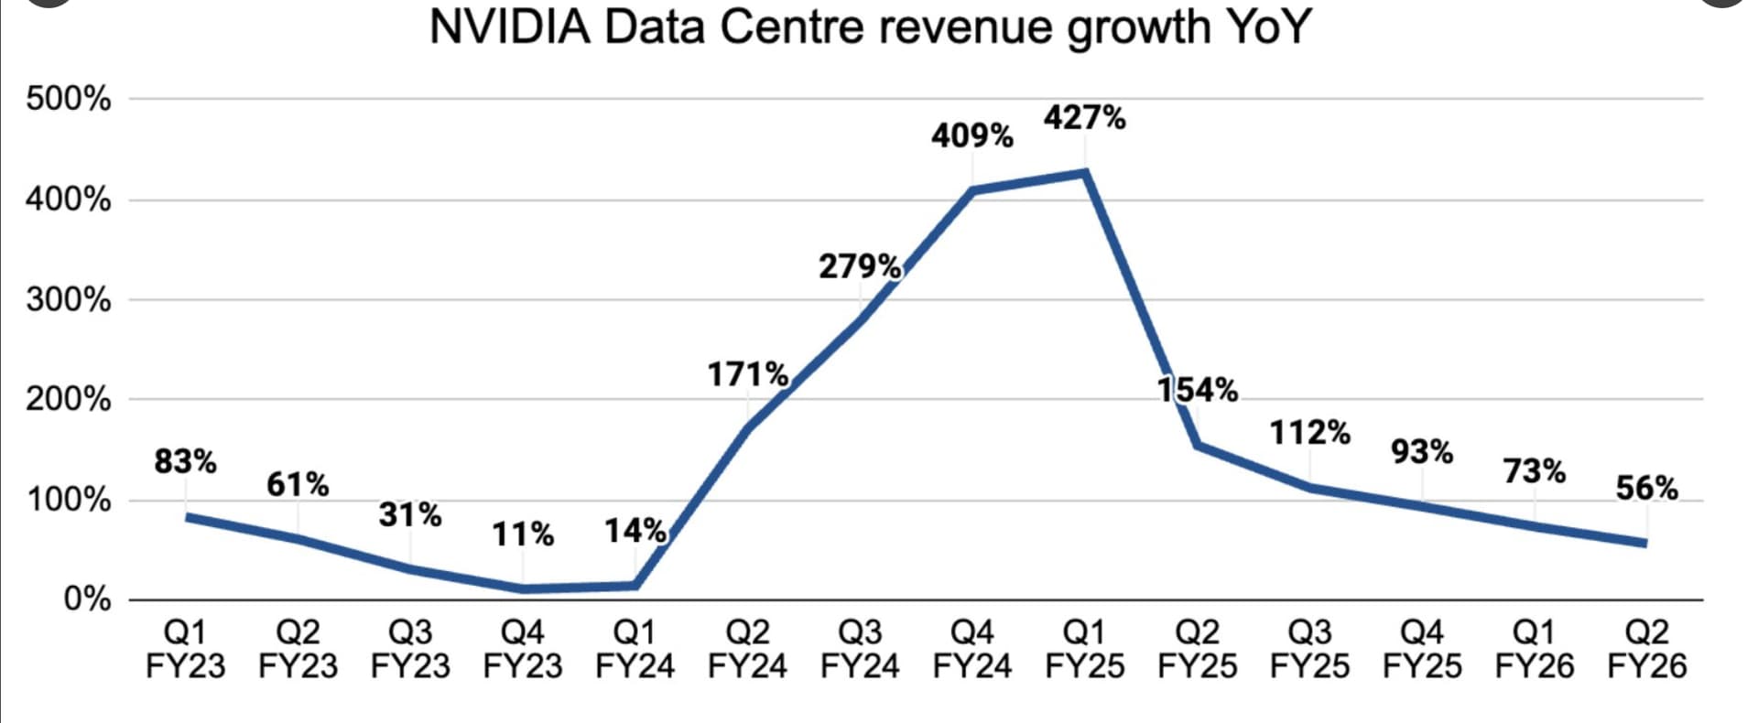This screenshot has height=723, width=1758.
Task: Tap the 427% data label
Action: [x=1085, y=118]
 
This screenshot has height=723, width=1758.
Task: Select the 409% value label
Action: [x=972, y=136]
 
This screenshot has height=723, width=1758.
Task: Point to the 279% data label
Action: [x=860, y=266]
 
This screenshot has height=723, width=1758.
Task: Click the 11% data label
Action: [x=523, y=534]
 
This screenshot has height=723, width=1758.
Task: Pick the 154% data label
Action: [x=1198, y=390]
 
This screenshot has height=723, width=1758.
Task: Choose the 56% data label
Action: [x=1646, y=489]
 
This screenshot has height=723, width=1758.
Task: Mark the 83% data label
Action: [x=185, y=461]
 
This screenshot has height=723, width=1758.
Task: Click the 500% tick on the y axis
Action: [x=69, y=99]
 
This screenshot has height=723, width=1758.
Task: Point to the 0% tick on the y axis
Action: [x=87, y=599]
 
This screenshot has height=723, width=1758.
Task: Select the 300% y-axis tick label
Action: [x=69, y=299]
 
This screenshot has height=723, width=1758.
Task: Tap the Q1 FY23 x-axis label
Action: [x=185, y=649]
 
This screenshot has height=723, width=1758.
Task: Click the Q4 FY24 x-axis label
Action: [x=972, y=649]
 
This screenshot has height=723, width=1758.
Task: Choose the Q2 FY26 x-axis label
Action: [x=1646, y=649]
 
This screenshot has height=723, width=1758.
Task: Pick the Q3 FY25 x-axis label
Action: [x=1309, y=649]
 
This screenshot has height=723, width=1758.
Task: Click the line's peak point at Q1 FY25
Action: [x=1085, y=172]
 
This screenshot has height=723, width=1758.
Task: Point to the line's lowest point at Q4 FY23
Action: [x=523, y=588]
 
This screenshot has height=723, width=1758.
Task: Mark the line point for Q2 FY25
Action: [x=1198, y=446]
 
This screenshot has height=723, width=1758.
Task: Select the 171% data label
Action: [x=748, y=374]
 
